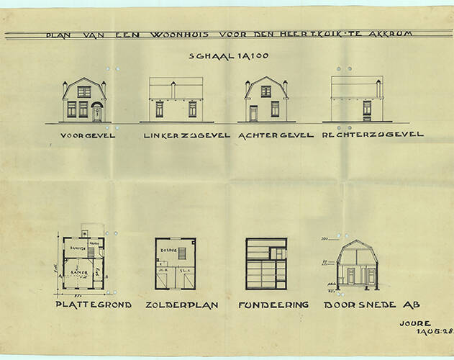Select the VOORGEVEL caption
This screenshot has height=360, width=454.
click(88, 135)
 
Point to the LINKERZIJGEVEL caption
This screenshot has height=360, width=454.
click(187, 135)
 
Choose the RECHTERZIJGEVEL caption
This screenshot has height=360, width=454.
click(373, 135)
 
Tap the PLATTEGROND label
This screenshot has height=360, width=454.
click(94, 305)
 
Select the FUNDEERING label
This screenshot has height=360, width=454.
click(273, 305)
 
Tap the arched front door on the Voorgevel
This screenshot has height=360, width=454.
click(96, 111)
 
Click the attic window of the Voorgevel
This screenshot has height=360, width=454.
click(83, 91)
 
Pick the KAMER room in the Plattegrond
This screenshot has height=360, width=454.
click(81, 272)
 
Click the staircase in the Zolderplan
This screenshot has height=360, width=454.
click(182, 253)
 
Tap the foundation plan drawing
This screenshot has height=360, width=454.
click(266, 264)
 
